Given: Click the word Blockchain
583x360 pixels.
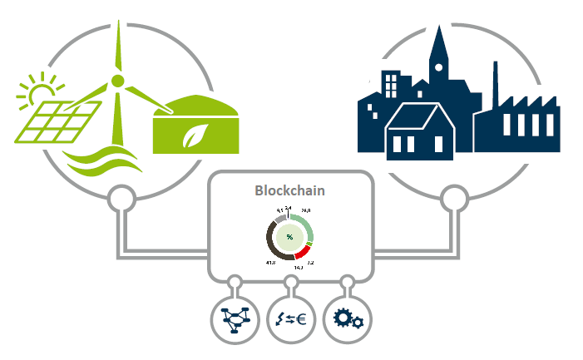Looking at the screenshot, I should click(289, 190).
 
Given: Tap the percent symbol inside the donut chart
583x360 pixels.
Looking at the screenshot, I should click(289, 237).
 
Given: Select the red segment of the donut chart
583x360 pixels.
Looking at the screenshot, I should click(304, 252).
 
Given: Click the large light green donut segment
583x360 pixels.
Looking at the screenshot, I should click(306, 227).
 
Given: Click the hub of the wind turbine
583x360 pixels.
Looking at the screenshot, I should click(118, 81).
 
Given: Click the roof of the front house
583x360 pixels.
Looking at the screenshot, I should click(420, 116).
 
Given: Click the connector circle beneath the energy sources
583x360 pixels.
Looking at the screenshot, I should click(123, 199).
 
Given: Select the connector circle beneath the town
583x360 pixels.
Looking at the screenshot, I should click(454, 199).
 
